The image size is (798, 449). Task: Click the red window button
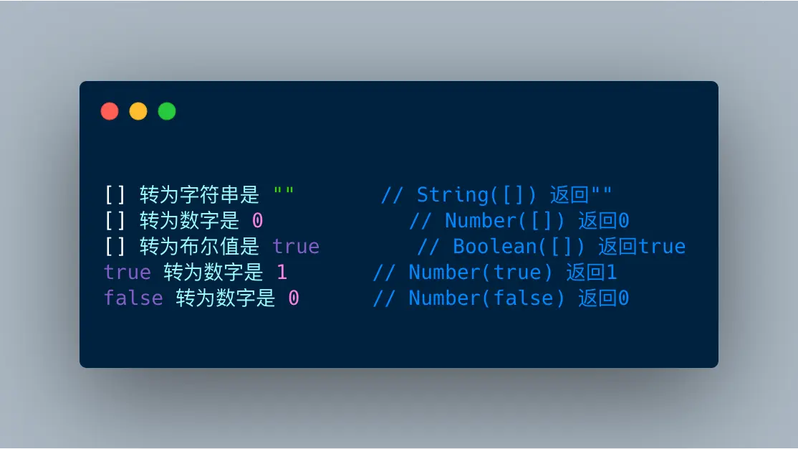(110, 111)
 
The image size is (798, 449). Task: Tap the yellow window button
(138, 111)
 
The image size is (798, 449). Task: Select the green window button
(167, 111)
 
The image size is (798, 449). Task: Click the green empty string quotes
(284, 191)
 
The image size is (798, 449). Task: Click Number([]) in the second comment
(505, 221)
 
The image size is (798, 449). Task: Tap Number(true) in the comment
(481, 272)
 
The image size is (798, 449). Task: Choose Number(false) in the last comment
(486, 298)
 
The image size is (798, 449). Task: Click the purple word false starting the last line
(133, 298)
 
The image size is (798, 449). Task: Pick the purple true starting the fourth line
(128, 272)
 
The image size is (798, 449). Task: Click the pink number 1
(282, 272)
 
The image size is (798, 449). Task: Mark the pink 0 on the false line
(294, 298)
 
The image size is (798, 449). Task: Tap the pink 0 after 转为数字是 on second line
(257, 221)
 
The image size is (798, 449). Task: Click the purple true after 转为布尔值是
(296, 247)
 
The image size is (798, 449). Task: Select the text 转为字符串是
(199, 194)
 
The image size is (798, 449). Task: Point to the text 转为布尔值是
(199, 247)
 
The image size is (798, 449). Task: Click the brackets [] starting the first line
(115, 194)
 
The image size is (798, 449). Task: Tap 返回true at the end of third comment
(642, 247)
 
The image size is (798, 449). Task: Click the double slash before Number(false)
(384, 298)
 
